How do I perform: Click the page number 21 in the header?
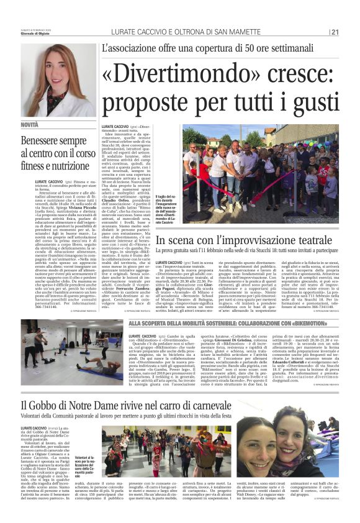coord(335,33)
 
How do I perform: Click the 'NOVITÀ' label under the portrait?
coord(30,125)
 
